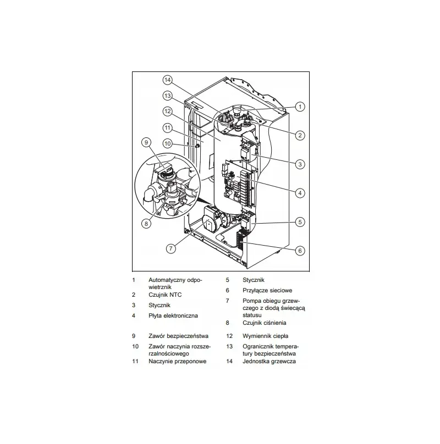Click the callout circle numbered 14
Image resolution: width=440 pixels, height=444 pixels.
[168, 80]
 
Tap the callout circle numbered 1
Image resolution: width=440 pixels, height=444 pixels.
[300, 107]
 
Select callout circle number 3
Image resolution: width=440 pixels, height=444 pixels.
[300, 164]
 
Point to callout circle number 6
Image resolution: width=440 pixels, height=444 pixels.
[300, 251]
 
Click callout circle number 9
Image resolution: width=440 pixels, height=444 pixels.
[146, 142]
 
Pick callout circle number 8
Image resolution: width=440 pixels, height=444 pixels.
[146, 224]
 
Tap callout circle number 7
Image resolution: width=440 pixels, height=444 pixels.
[170, 248]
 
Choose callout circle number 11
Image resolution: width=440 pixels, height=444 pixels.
[168, 128]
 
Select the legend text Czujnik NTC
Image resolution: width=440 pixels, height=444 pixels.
[165, 295]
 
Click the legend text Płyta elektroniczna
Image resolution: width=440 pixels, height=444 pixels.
[173, 316]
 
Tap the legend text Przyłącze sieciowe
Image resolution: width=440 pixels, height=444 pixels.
[267, 291]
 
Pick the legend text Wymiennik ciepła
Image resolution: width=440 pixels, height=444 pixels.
[265, 336]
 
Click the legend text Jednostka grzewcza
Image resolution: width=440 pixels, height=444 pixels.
[269, 362]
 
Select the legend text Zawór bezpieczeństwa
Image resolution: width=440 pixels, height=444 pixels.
[178, 336]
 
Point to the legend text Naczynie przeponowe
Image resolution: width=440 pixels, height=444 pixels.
[178, 362]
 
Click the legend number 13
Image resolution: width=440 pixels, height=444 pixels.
[229, 347]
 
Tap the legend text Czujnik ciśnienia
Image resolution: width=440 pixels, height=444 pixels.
[264, 323]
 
